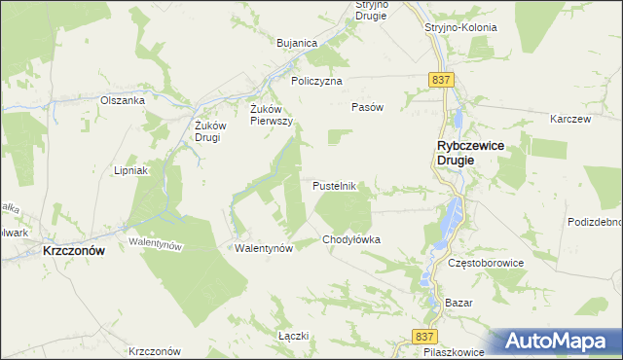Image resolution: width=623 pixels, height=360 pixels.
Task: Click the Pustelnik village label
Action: pyautogui.click(x=339, y=185)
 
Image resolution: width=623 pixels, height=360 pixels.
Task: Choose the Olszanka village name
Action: pyautogui.click(x=123, y=99)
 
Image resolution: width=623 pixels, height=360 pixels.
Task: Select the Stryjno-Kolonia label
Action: pyautogui.click(x=460, y=27)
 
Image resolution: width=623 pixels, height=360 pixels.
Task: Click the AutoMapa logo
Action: pyautogui.click(x=556, y=342)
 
